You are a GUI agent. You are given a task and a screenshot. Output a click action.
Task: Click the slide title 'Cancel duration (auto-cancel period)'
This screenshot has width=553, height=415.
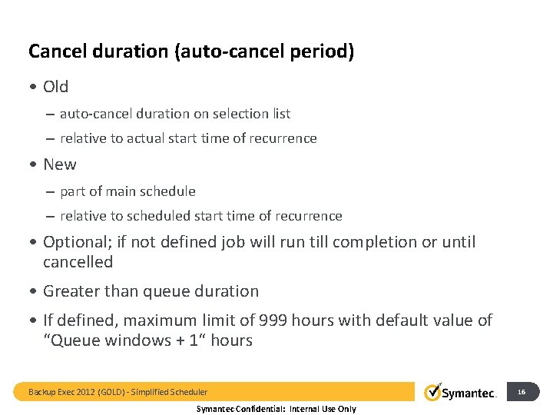coord(191,52)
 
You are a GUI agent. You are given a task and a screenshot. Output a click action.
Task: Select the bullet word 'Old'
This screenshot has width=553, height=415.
coord(55,87)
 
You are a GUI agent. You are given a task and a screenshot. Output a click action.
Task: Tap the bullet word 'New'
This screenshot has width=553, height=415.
coord(59,164)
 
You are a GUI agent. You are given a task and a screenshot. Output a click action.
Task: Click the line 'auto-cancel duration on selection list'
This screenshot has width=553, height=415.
coord(174,114)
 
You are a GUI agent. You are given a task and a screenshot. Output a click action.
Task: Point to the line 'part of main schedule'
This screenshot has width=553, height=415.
coord(127,191)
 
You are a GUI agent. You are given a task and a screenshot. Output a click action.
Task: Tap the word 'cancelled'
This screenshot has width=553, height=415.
coord(78,262)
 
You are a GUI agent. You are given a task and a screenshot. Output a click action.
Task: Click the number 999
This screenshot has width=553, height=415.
coord(274,320)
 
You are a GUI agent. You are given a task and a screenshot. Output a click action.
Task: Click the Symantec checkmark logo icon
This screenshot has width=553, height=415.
coord(432,392)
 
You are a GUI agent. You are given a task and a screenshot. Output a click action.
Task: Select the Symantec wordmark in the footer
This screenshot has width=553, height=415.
coord(469,393)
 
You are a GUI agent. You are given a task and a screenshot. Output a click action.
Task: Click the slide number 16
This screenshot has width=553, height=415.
coord(522,392)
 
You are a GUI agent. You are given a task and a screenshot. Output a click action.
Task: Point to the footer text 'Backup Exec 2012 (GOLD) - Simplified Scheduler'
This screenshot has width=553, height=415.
coord(118,392)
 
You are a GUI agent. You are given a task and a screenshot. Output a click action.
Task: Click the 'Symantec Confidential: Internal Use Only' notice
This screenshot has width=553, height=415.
coord(276,409)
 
